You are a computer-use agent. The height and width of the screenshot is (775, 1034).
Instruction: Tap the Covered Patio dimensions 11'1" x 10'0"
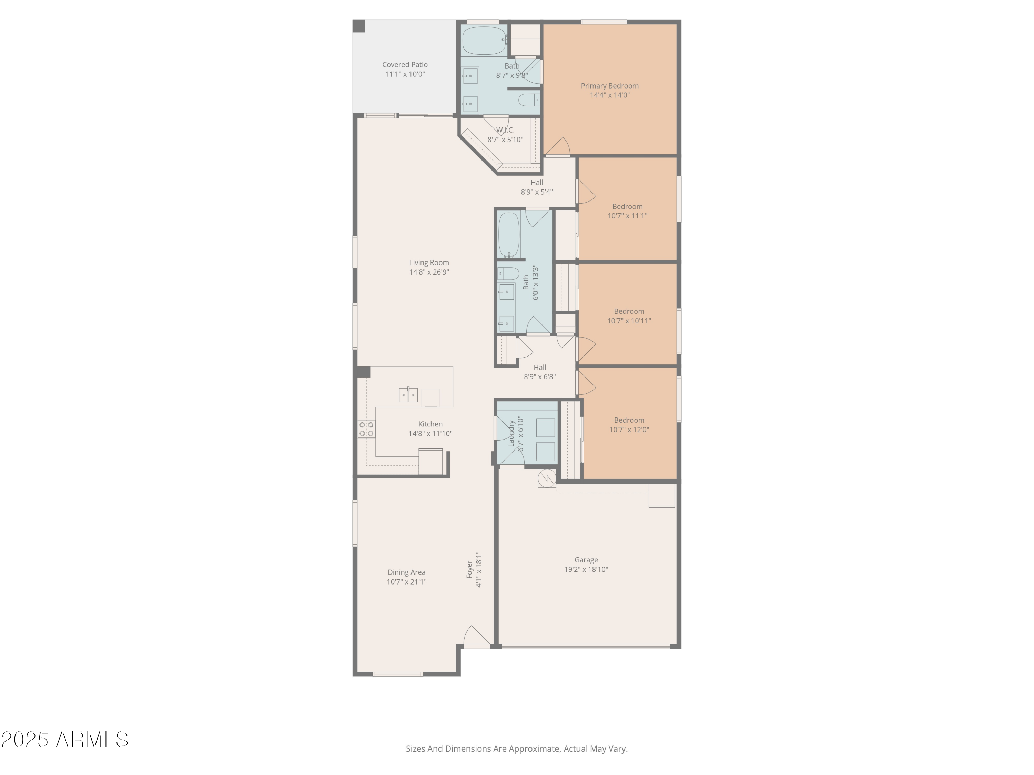point(405,74)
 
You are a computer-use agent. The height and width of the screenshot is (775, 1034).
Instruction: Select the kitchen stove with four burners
point(366,429)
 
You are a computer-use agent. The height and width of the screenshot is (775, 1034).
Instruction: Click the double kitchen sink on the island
point(408,395)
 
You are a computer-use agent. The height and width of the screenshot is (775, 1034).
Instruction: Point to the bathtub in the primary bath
point(484,41)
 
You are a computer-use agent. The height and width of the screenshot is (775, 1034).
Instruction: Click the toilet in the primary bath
point(529,100)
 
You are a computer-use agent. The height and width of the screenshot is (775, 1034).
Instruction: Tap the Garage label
point(586,560)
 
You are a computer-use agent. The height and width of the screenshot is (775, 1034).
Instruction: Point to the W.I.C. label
point(505,130)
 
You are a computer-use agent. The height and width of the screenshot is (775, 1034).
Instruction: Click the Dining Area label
point(406,572)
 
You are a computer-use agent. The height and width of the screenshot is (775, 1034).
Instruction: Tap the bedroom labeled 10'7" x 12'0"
point(629,425)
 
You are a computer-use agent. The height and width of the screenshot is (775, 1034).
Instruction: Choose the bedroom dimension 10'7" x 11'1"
point(627,216)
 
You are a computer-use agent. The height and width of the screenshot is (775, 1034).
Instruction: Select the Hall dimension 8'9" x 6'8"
point(539,377)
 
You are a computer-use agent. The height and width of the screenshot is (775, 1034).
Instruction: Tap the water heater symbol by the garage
point(546,477)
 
